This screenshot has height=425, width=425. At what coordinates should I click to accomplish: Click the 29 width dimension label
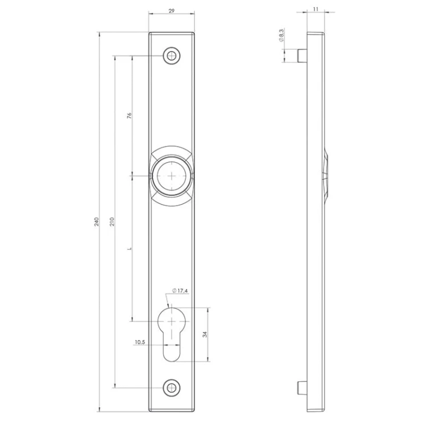click(x=172, y=11)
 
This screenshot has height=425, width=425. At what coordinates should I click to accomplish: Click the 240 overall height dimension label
click(x=96, y=222)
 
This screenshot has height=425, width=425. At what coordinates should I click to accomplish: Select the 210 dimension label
click(x=112, y=222)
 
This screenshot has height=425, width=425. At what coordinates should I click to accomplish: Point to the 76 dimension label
click(x=129, y=115)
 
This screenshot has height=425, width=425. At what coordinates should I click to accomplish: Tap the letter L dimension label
click(x=130, y=248)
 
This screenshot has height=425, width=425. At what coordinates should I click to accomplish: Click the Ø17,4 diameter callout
click(x=180, y=291)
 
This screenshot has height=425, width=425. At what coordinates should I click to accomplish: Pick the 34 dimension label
click(x=205, y=334)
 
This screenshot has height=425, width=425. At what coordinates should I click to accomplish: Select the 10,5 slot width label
click(x=140, y=342)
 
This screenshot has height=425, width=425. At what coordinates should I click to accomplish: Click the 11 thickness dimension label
click(x=316, y=9)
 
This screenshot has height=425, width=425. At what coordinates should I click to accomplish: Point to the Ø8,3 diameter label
click(x=281, y=36)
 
